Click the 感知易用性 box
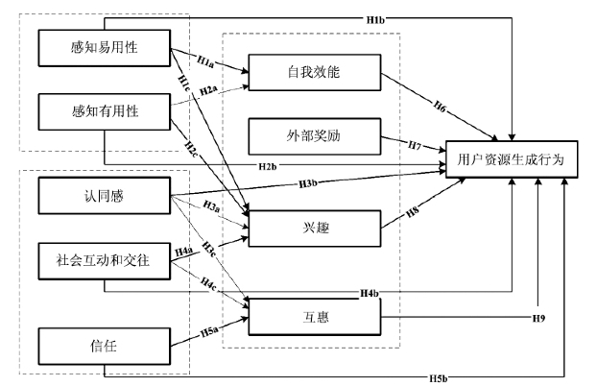(105, 46)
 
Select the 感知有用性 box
(105, 110)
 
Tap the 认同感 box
(105, 196)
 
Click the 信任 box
(105, 344)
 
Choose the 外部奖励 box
(314, 135)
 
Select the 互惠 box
(314, 313)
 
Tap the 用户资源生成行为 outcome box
(511, 158)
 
